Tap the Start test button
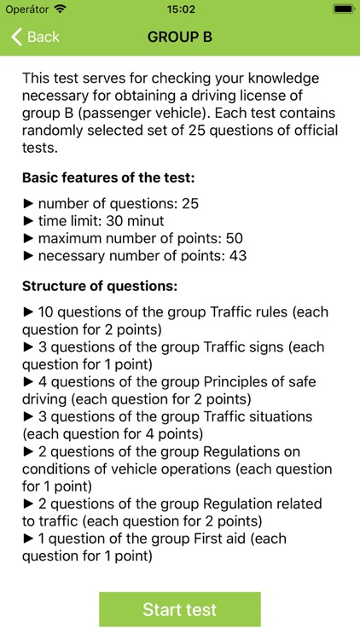pos(179,609)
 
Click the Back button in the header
pos(35,37)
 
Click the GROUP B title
pos(180,37)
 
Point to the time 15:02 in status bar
pos(180,9)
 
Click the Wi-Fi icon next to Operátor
pos(60,9)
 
